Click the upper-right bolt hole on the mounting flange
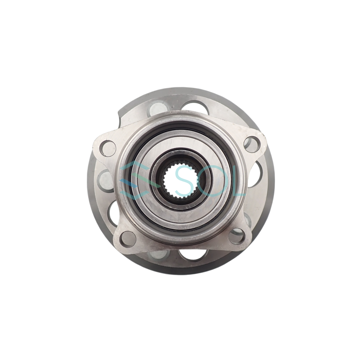pos(252,144)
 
